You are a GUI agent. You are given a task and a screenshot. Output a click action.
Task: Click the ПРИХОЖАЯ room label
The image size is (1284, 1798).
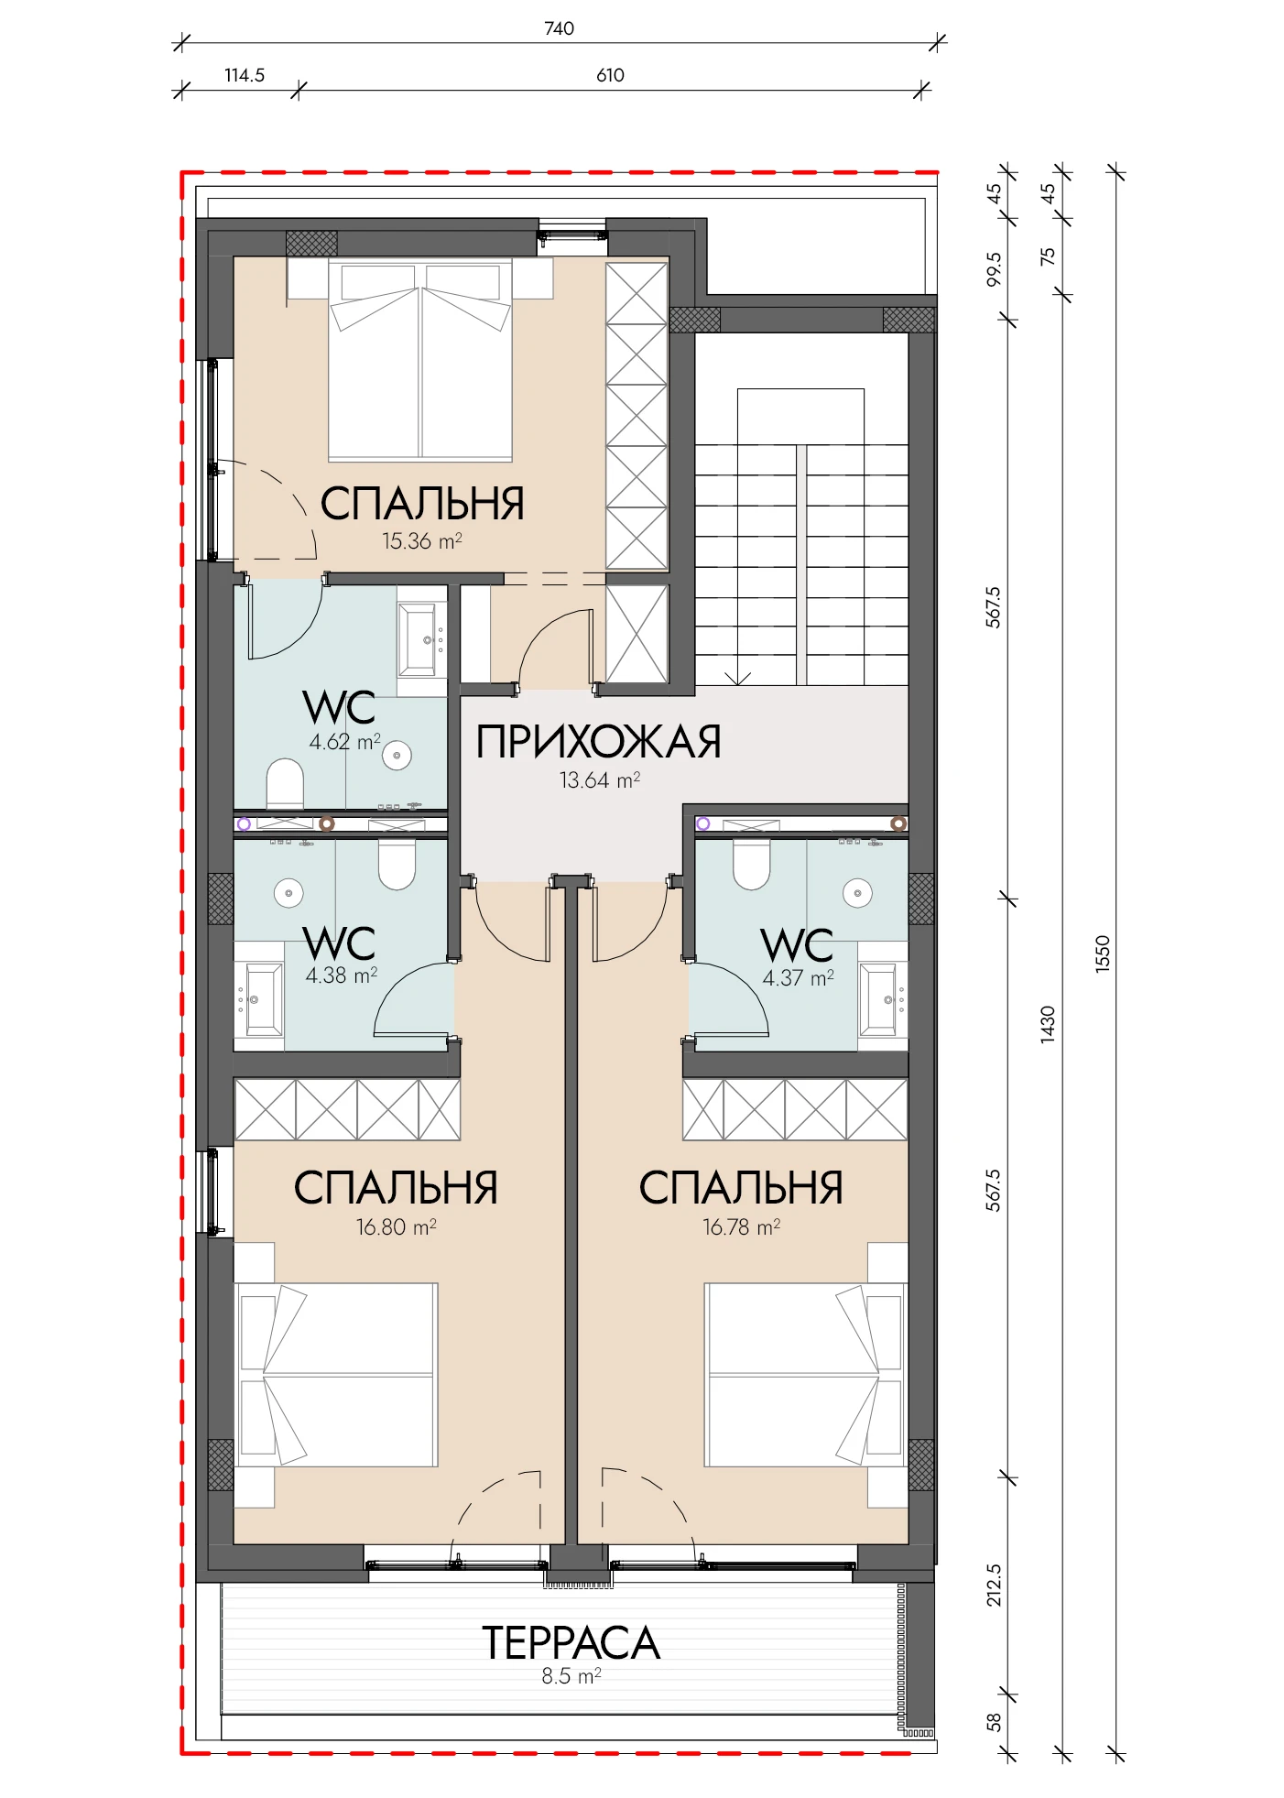click(x=599, y=742)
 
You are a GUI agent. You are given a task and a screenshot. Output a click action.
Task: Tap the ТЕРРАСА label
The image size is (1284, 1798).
click(x=571, y=1643)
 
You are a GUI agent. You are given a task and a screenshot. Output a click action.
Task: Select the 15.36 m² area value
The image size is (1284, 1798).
click(x=421, y=541)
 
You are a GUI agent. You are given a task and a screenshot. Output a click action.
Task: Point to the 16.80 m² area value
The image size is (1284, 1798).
click(x=396, y=1227)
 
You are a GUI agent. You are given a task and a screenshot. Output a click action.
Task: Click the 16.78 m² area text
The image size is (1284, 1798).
click(x=741, y=1227)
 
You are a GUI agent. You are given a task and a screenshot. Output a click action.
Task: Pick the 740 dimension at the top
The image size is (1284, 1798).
click(x=559, y=28)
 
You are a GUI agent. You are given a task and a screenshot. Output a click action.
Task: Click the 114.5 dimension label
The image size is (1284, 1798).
click(x=245, y=75)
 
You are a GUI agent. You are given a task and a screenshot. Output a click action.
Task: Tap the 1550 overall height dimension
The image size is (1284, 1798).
click(x=1103, y=953)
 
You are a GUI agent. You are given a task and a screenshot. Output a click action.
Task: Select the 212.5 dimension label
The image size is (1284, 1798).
click(x=994, y=1586)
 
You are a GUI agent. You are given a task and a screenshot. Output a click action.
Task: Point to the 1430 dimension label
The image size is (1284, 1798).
click(x=1048, y=1024)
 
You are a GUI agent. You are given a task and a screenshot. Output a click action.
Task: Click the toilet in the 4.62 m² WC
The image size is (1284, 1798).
click(x=285, y=784)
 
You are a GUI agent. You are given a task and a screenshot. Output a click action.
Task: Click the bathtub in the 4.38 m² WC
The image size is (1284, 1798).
click(x=259, y=999)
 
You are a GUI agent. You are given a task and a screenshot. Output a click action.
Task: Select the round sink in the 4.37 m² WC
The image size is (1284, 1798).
click(x=858, y=893)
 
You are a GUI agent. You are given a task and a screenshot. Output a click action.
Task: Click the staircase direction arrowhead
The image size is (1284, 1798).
click(x=737, y=679)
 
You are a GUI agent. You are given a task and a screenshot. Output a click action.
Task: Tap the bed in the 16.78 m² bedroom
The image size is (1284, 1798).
click(x=804, y=1375)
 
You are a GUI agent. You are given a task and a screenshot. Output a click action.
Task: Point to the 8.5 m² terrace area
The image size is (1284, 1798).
click(x=571, y=1677)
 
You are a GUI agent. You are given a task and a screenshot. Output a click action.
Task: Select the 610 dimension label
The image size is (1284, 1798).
click(x=610, y=75)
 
